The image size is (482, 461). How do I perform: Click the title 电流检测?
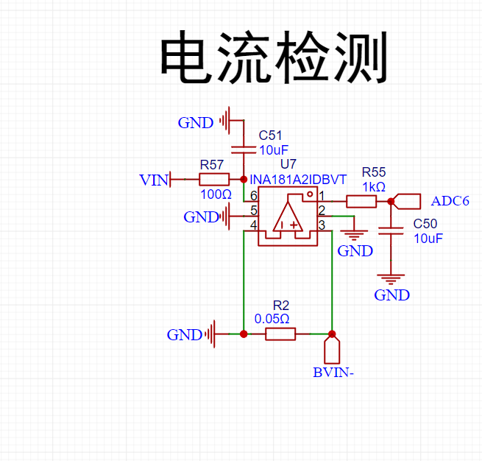(274, 57)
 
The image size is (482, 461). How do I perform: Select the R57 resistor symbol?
(214, 179)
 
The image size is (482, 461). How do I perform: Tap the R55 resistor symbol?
(361, 202)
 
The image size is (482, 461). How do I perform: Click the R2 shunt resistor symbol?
(280, 334)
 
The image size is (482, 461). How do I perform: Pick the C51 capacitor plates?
(244, 150)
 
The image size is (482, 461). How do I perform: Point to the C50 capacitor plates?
(391, 231)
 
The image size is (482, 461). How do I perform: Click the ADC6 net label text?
(450, 201)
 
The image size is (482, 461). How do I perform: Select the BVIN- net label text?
(333, 373)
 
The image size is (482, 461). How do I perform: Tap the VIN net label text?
(154, 180)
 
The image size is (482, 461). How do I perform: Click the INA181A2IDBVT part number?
(298, 180)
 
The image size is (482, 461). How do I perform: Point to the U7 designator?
(288, 164)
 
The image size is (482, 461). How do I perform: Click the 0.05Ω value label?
(272, 319)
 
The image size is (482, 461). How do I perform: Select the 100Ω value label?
(216, 194)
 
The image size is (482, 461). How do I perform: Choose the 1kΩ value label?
(374, 187)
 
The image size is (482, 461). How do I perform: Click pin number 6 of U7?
(254, 196)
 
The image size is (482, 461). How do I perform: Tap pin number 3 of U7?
(322, 225)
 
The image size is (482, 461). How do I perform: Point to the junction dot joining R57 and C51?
(244, 179)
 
